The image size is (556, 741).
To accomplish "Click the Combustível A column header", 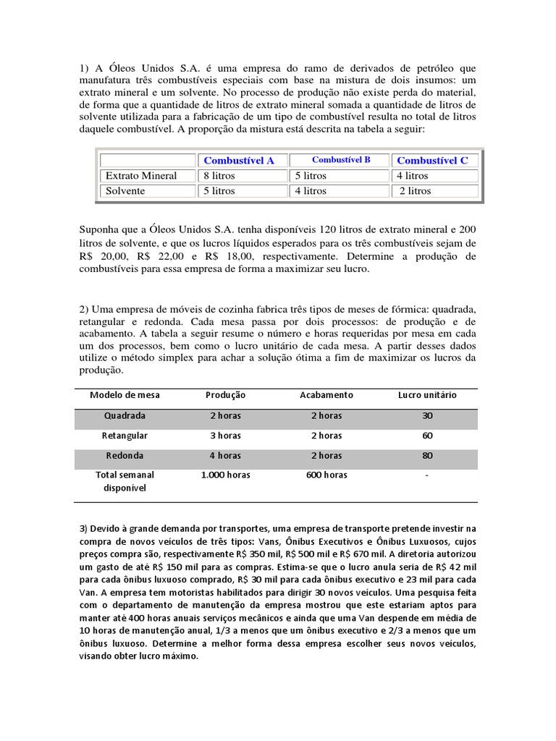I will click(x=239, y=161).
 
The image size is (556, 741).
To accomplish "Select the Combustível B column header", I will click(x=341, y=160).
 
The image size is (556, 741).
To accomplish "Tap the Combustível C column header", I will click(x=432, y=161).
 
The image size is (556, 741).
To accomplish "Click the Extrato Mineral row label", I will click(x=141, y=176).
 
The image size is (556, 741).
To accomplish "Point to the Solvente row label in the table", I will click(x=125, y=191).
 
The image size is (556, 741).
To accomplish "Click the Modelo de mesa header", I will click(x=125, y=395).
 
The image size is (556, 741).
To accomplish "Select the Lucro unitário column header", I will click(x=427, y=395).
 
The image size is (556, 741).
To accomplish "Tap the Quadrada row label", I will click(x=125, y=416).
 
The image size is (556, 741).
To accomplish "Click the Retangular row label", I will click(x=125, y=436).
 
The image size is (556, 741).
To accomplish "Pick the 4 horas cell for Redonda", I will click(x=225, y=456).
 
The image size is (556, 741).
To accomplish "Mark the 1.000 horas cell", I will click(x=225, y=475).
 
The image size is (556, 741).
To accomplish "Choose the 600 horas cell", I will click(x=327, y=475).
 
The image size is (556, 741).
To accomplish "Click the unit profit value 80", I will click(x=427, y=456).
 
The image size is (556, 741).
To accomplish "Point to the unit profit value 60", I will click(x=427, y=436).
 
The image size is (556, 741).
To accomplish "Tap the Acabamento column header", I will click(x=327, y=395).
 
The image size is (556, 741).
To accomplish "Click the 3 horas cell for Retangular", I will click(x=225, y=436).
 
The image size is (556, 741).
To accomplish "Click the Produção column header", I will click(x=225, y=395).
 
